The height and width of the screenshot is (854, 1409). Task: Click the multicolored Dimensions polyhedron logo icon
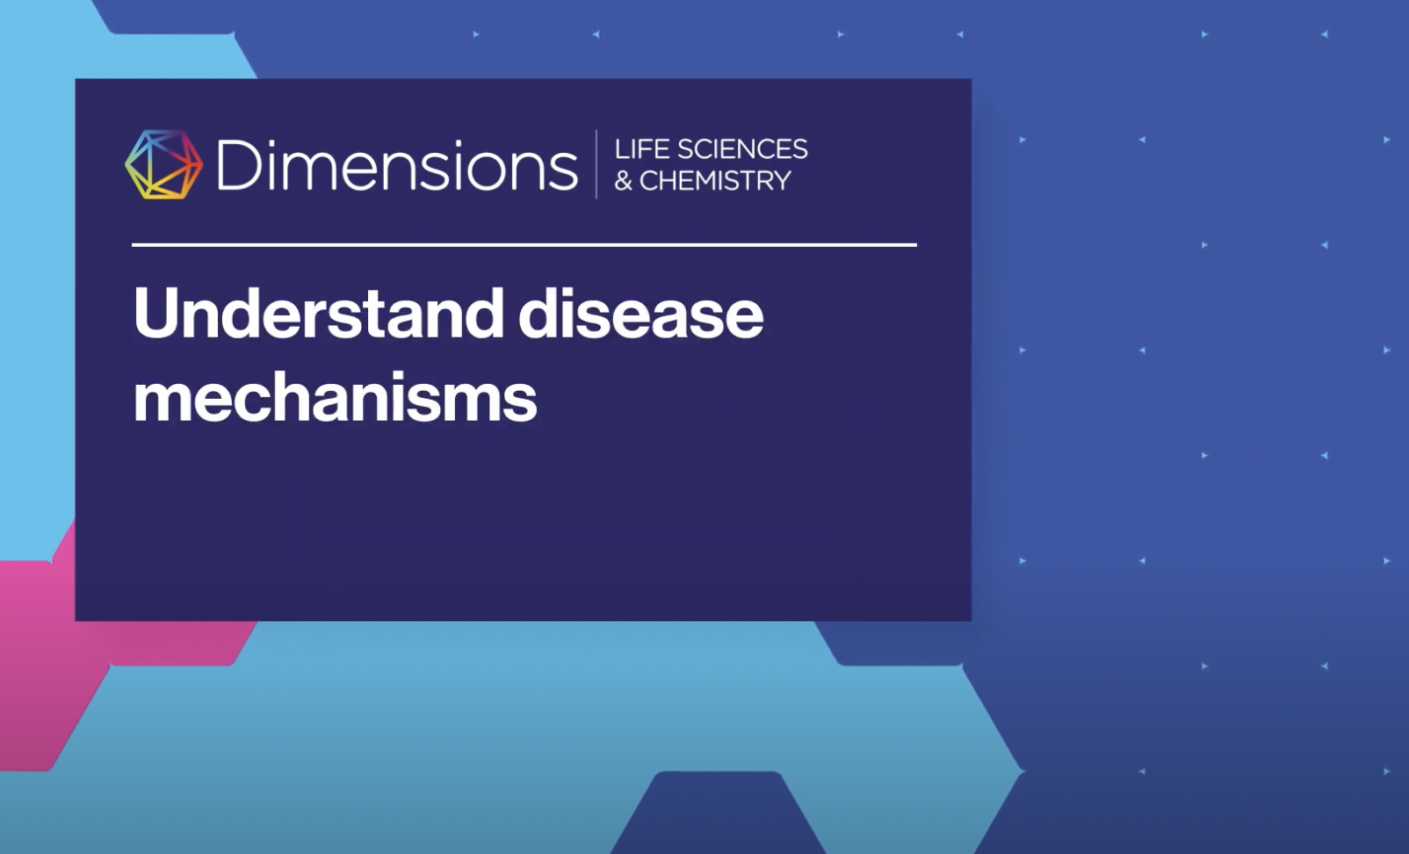pos(163,164)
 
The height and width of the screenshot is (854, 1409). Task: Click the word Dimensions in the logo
pos(396,165)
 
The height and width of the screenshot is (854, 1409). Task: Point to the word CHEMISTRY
pos(715,181)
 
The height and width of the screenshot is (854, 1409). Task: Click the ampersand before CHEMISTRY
pos(623,182)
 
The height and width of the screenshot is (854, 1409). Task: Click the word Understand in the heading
pos(318,314)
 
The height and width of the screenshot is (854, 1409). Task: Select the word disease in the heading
pos(640,314)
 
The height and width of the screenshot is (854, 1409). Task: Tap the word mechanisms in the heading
pos(335,397)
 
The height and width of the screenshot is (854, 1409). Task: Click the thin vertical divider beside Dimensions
pos(596,164)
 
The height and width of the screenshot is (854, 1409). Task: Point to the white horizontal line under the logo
pos(524,245)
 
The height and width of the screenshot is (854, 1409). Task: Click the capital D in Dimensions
pos(236,164)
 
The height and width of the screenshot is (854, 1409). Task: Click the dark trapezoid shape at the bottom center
pos(716,817)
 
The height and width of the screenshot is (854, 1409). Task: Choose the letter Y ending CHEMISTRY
pos(782,181)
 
